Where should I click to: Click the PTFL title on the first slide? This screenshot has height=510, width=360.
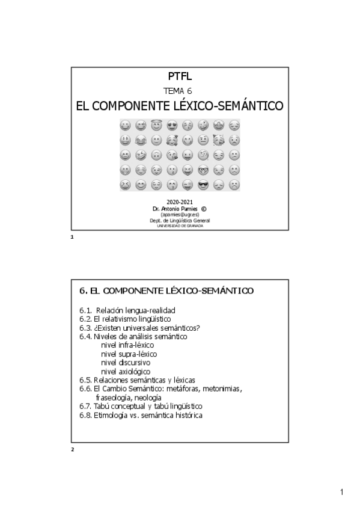pyautogui.click(x=180, y=76)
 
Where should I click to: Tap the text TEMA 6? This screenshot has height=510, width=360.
pyautogui.click(x=179, y=91)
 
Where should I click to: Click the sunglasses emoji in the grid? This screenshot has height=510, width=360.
pyautogui.click(x=203, y=185)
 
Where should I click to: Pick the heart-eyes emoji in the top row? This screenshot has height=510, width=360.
pyautogui.click(x=172, y=126)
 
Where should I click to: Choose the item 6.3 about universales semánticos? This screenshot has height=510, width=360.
pyautogui.click(x=139, y=328)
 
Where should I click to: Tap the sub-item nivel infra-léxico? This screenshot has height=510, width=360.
pyautogui.click(x=127, y=345)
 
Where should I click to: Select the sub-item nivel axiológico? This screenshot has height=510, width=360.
pyautogui.click(x=126, y=371)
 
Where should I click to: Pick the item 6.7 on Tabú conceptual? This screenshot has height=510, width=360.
pyautogui.click(x=140, y=407)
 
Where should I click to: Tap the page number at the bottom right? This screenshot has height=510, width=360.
pyautogui.click(x=341, y=493)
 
